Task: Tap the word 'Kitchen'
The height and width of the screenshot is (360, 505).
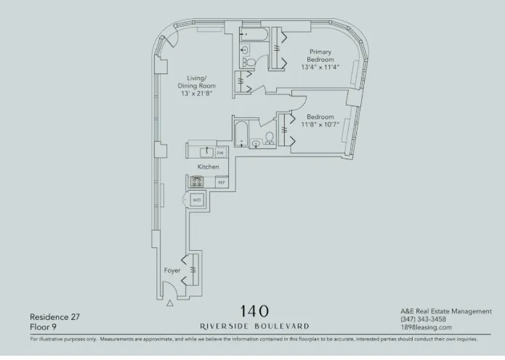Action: coord(209,167)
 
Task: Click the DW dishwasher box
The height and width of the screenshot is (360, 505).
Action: coord(220,153)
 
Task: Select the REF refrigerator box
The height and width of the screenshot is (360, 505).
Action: coord(221,182)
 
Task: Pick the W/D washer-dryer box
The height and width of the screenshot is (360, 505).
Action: coord(197,199)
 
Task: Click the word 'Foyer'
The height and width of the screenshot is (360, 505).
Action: coord(172,271)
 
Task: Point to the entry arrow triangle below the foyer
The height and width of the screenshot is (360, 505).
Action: coord(171,305)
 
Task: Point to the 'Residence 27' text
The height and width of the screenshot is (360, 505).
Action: coord(54,316)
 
